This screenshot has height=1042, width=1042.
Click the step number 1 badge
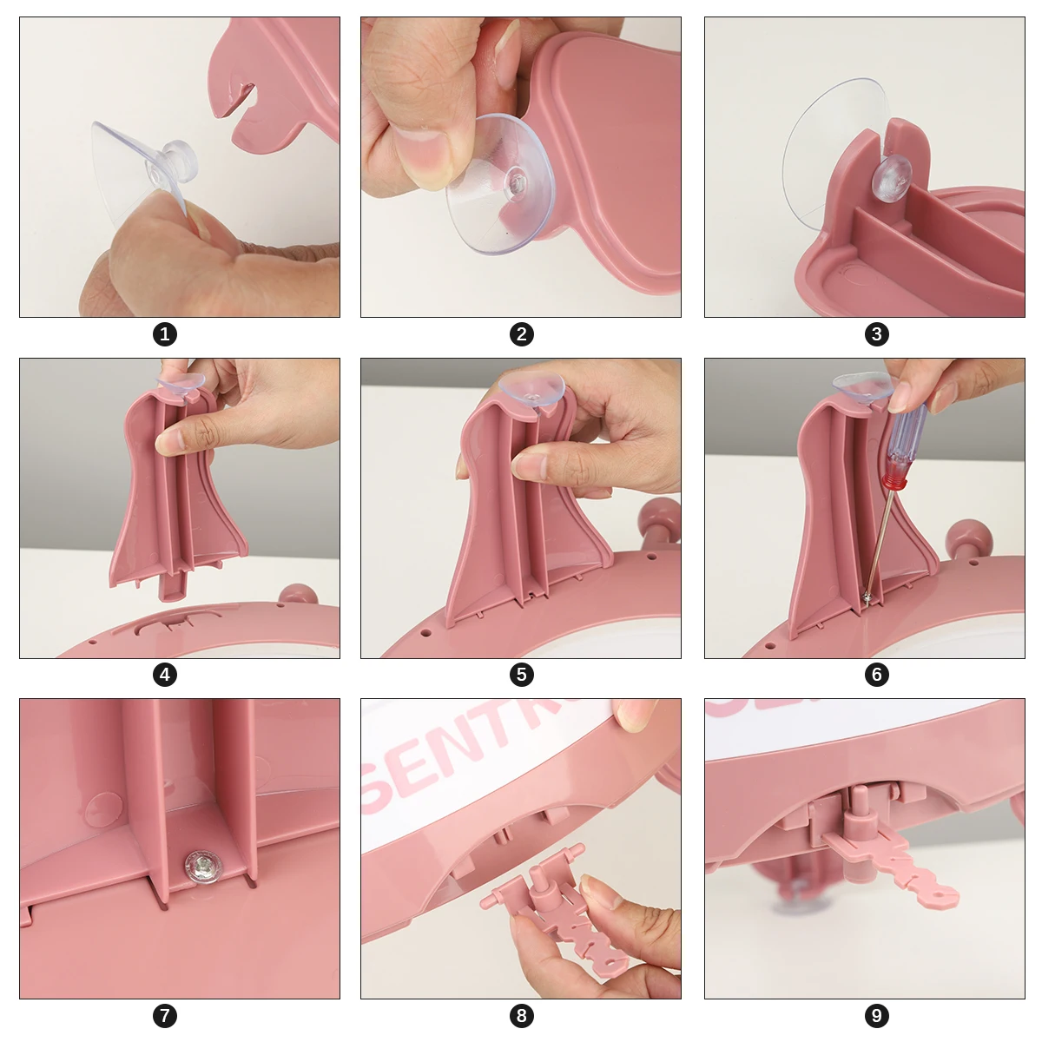(165, 334)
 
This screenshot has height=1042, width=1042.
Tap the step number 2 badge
(522, 334)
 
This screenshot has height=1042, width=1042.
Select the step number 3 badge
(876, 334)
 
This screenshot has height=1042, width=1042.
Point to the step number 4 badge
(165, 675)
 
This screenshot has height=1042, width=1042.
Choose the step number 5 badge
(522, 675)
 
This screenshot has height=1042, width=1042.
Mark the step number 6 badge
(876, 675)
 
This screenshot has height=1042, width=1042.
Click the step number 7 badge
(165, 1015)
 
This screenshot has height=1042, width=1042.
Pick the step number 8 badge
(522, 1015)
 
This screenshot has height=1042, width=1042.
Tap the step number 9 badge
(876, 1015)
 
